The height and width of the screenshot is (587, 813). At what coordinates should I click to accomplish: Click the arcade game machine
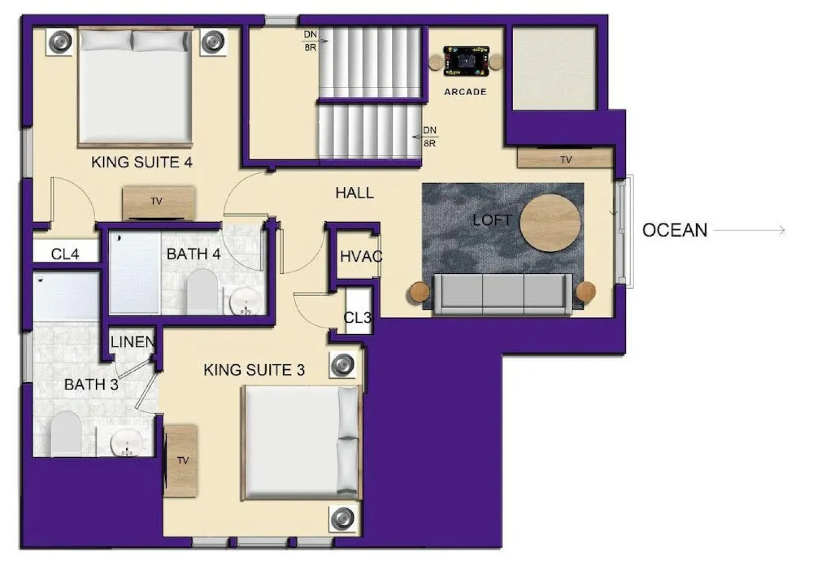coord(466,61)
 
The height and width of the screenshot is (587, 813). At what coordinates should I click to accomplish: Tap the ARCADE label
coord(465,92)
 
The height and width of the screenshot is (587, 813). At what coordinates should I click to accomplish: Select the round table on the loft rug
coord(550,223)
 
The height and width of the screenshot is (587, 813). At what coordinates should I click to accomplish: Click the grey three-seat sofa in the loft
coord(503,294)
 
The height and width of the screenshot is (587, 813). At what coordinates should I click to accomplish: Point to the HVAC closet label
coord(361,257)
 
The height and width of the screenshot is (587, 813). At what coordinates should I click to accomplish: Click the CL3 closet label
coord(358,318)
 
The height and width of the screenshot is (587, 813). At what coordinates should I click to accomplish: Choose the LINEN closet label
coord(133,342)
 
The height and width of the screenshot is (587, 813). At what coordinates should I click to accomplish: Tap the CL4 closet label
coord(65,254)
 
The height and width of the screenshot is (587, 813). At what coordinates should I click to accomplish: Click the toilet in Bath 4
coord(203,291)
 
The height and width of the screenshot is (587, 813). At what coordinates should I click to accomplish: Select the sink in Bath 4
coord(246,301)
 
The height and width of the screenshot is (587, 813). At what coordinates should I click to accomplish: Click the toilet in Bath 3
coord(66,433)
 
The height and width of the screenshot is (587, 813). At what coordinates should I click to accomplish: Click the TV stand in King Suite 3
coord(181,461)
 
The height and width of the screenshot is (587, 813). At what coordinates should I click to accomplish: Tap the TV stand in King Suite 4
coord(159,203)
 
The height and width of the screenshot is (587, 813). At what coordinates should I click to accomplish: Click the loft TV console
coord(565,158)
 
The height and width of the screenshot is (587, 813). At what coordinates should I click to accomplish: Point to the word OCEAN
coord(675,230)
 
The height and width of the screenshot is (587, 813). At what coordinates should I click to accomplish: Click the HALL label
coord(354,193)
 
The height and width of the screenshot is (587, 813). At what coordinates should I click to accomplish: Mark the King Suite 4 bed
coord(135,88)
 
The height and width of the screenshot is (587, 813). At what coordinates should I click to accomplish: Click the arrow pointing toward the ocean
coord(749,230)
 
